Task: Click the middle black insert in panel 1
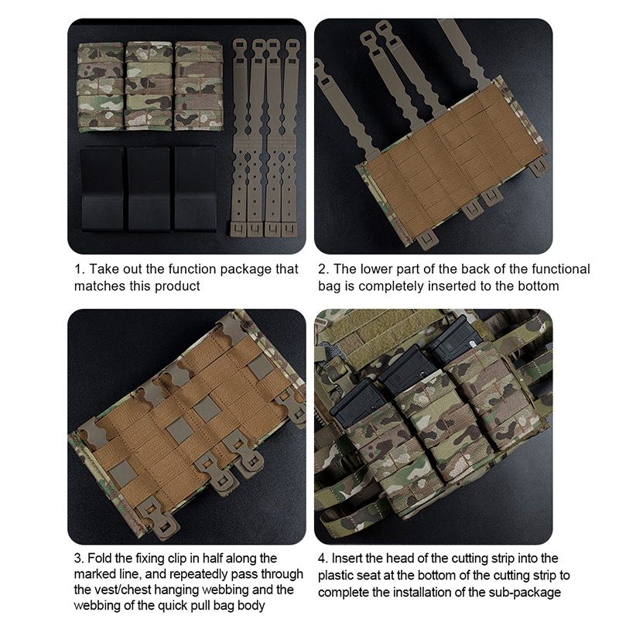(149, 189)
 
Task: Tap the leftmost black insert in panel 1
(102, 189)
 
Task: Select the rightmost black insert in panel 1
(195, 189)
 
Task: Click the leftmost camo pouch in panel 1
(101, 86)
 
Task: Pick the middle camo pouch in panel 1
(149, 85)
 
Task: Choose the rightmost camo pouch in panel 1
(199, 85)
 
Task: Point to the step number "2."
(323, 269)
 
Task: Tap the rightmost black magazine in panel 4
(455, 337)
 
